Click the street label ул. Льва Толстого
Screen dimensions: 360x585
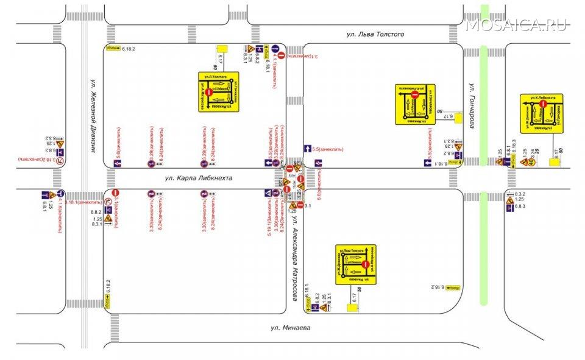tap(375, 34)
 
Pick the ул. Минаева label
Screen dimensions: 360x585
tap(290, 328)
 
